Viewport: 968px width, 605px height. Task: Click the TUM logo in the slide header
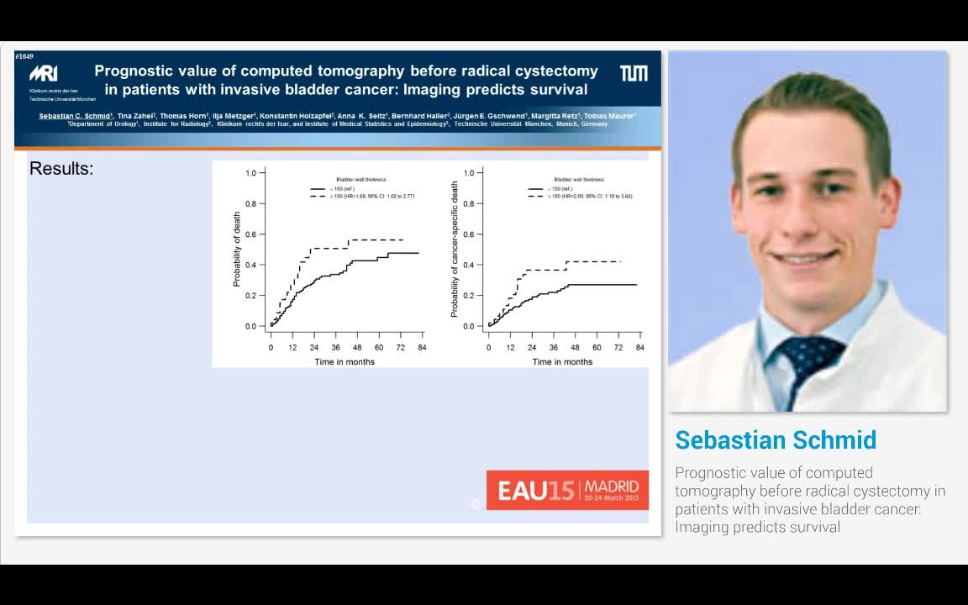coord(634,74)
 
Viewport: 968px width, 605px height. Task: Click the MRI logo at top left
coord(43,74)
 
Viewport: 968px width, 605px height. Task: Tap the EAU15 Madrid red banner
coord(567,490)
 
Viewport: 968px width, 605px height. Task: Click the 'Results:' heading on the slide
coord(61,169)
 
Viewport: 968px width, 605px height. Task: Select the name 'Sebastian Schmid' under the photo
coord(776,440)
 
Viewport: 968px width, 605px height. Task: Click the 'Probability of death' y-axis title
coord(237,249)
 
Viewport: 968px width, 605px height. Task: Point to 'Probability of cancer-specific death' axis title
coord(455,250)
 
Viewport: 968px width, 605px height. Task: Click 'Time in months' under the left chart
coord(345,362)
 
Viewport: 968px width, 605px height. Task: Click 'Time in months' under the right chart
coord(562,362)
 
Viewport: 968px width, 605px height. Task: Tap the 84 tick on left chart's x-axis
coord(421,347)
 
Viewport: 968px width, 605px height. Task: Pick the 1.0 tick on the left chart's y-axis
coord(250,173)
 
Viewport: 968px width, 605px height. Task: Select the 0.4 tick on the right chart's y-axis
coord(468,265)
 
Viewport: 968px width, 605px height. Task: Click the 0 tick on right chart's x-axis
coord(488,347)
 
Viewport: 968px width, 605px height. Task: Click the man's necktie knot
coord(804,349)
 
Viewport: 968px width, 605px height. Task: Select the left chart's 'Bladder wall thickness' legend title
coord(361,180)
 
